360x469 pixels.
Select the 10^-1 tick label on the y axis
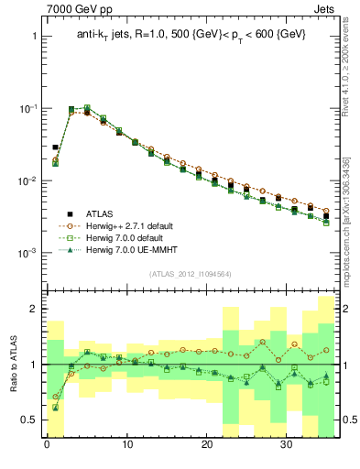27,109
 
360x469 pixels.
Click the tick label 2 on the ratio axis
35,310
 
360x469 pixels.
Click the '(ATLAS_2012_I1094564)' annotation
191,273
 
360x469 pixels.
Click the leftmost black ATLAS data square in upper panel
55,147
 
